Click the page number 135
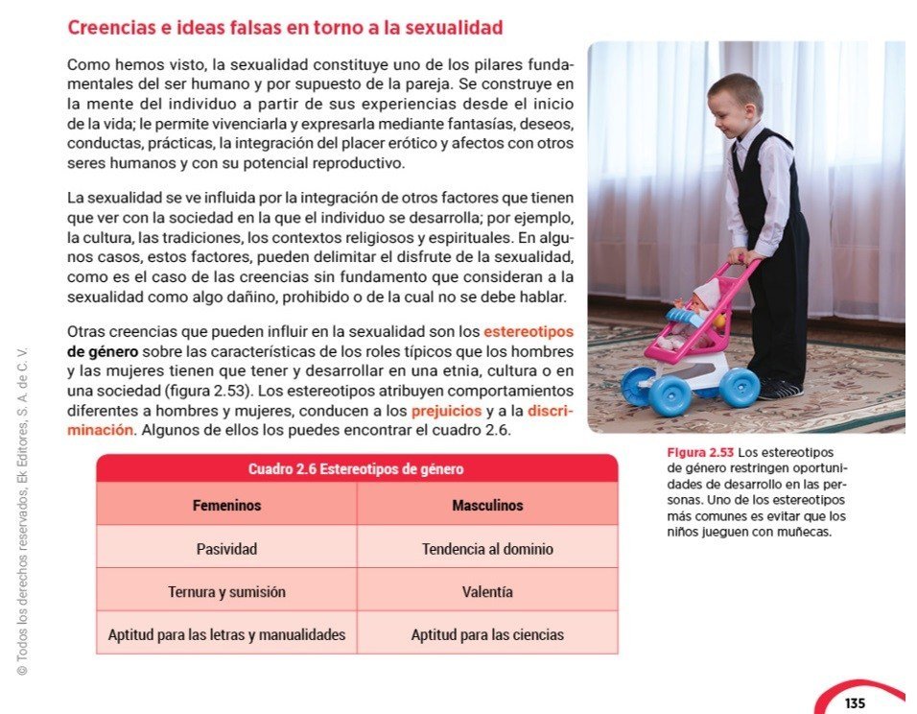pyautogui.click(x=855, y=703)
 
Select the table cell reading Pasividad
pyautogui.click(x=226, y=550)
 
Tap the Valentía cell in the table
pyautogui.click(x=487, y=592)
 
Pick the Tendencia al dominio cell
pyautogui.click(x=487, y=550)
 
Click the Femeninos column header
pyautogui.click(x=226, y=505)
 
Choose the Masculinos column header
pyautogui.click(x=487, y=505)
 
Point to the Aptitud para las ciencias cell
pyautogui.click(x=487, y=634)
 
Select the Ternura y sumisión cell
pyautogui.click(x=226, y=592)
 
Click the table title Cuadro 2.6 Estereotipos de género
pyautogui.click(x=356, y=469)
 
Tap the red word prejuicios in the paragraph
pyautogui.click(x=446, y=411)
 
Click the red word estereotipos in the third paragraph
pyautogui.click(x=529, y=332)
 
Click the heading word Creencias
pyautogui.click(x=108, y=28)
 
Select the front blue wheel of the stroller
pyautogui.click(x=669, y=393)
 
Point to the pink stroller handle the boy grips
pyautogui.click(x=741, y=262)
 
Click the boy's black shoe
pyautogui.click(x=779, y=389)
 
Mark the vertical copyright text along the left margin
pyautogui.click(x=22, y=509)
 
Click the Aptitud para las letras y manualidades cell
pyautogui.click(x=226, y=634)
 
